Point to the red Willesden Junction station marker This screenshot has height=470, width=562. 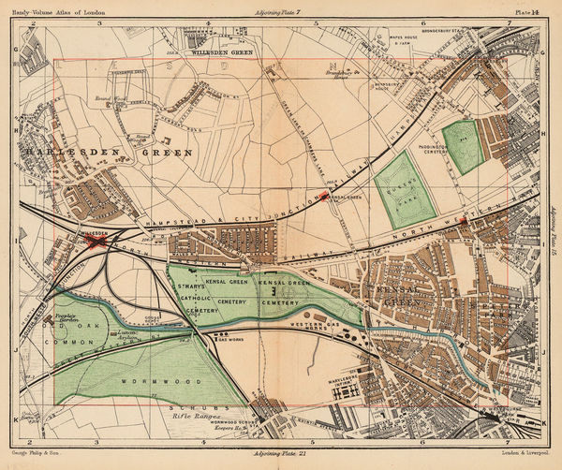(x=95, y=240)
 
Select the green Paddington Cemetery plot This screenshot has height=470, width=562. (x=463, y=145)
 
